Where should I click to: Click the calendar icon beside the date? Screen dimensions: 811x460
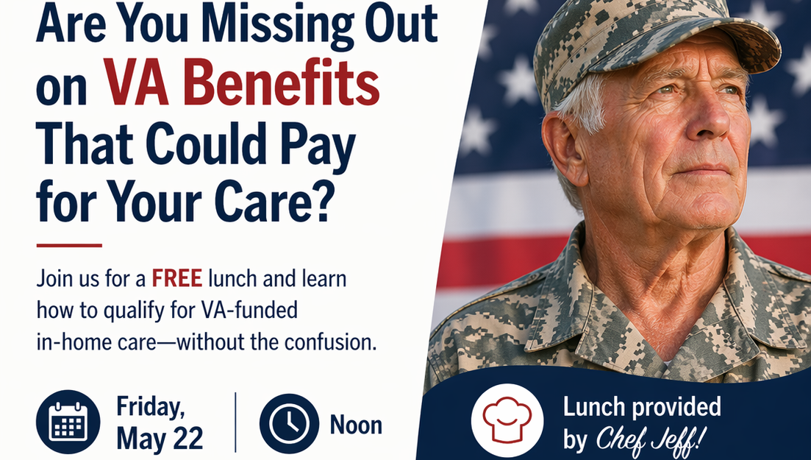68,422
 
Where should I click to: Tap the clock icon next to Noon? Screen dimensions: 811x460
289,423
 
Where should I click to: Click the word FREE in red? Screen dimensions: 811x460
177,279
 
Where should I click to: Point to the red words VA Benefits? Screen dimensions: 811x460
242,83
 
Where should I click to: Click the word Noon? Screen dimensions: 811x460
356,425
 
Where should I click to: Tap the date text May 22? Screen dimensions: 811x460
160,439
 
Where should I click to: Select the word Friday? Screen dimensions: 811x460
151,407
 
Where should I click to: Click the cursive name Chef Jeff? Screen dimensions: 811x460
651,440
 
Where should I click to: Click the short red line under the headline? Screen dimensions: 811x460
69,245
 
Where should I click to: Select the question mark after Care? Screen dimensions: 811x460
320,200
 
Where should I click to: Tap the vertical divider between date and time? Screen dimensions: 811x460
236,422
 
